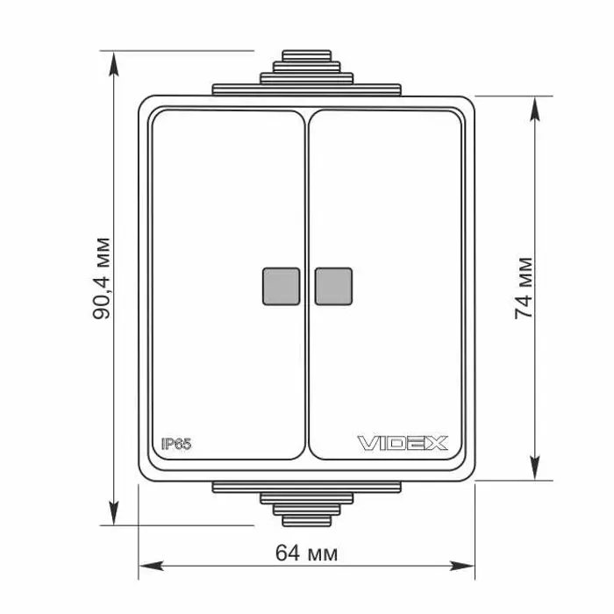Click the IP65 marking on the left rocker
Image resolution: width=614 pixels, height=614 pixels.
click(176, 444)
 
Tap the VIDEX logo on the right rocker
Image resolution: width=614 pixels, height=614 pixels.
click(403, 443)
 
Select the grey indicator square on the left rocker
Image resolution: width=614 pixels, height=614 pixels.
click(282, 286)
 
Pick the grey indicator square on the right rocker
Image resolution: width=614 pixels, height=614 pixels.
click(333, 286)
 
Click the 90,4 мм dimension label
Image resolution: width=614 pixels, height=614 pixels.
click(102, 278)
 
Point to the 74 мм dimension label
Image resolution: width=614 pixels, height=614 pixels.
click(524, 289)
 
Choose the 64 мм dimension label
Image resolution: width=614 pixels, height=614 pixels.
click(306, 553)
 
